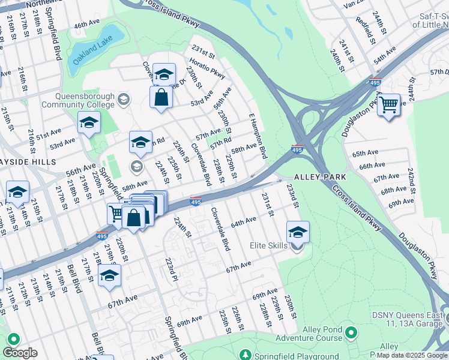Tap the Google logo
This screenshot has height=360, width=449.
pos(20,353)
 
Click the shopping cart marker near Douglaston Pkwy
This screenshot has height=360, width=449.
pos(389,105)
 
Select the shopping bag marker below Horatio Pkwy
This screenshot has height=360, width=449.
pos(161,97)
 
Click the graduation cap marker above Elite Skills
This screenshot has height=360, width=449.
pos(298,231)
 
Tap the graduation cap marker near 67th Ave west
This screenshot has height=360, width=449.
pos(109,275)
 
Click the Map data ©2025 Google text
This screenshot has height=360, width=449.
pos(412,355)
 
